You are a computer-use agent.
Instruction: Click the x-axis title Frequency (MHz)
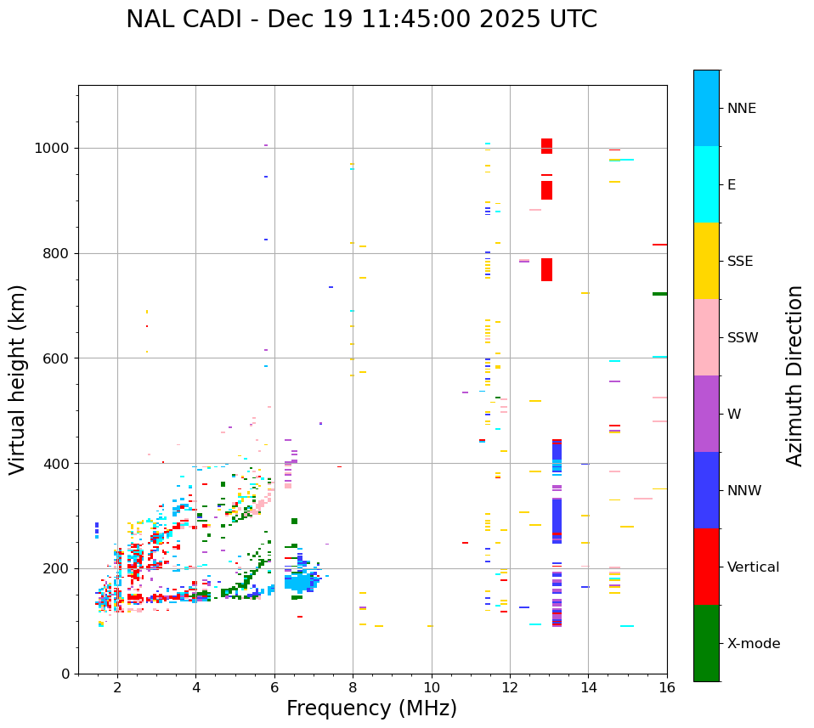371,708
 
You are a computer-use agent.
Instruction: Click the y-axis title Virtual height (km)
18,380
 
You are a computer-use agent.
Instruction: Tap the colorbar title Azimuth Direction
794,375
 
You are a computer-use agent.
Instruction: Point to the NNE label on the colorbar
741,109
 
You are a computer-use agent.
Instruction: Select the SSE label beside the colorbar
739,262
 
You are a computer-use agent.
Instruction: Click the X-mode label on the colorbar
753,644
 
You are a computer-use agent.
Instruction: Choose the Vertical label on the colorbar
753,567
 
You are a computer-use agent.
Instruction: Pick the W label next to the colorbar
734,415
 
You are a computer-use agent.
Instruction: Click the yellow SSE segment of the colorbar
706,261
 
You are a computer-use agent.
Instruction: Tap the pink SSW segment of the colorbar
706,337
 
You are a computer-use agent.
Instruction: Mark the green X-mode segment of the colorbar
706,643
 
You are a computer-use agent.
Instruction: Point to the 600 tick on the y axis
58,358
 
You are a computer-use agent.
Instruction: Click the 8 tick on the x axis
353,687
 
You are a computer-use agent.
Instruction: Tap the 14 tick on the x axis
588,687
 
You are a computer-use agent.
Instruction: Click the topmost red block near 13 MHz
546,145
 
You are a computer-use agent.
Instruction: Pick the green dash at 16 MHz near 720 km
659,294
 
